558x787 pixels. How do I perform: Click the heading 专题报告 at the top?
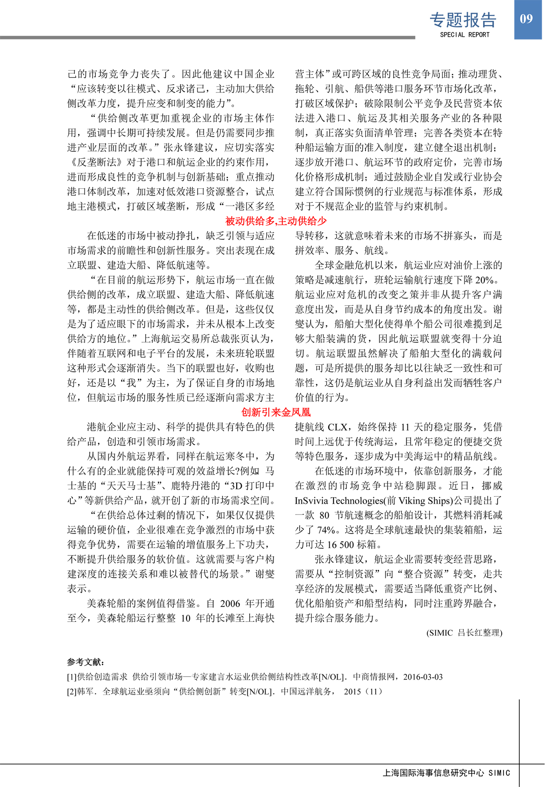click(463, 20)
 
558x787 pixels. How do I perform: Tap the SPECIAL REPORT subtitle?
click(465, 34)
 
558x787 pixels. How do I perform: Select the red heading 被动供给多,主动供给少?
click(276, 221)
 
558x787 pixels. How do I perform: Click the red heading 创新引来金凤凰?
click(276, 412)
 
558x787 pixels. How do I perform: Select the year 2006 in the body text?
click(230, 604)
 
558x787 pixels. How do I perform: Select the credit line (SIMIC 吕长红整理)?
click(464, 633)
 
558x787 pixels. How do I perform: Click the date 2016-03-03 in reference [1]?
click(423, 677)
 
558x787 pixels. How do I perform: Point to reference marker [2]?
click(72, 692)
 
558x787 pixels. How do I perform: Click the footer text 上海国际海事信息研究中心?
click(433, 773)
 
